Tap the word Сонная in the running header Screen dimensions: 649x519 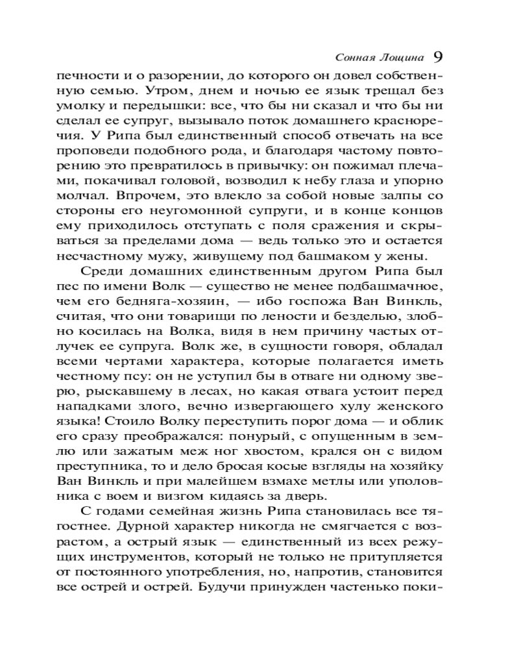356,56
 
